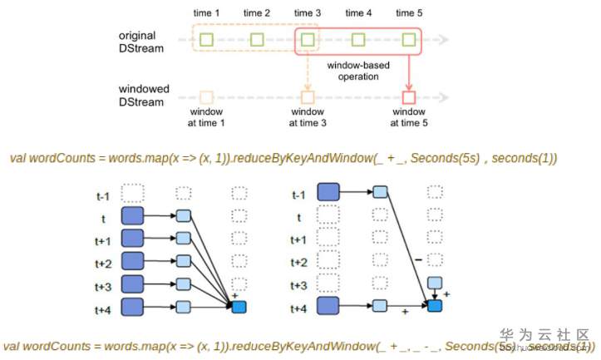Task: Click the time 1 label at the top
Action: point(206,12)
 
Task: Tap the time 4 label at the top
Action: point(358,12)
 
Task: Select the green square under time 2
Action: point(257,39)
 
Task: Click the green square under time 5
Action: point(408,39)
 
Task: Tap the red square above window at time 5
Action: point(408,96)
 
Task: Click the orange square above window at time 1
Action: point(206,96)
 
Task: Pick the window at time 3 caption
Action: point(308,116)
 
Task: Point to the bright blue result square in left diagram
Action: point(239,307)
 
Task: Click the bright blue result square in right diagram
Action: point(434,307)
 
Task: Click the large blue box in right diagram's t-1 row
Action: point(327,194)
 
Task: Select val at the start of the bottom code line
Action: point(12,345)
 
